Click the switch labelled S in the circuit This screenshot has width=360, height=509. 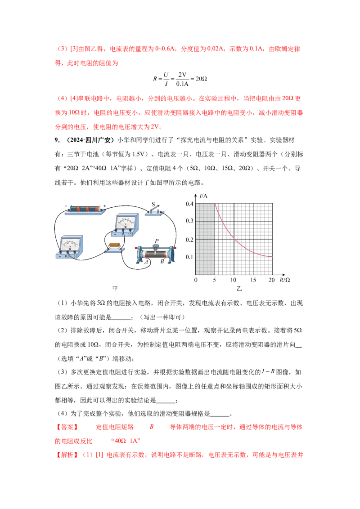[155, 211]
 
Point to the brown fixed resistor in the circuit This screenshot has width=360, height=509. [115, 246]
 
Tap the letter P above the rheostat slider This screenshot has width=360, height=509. [157, 241]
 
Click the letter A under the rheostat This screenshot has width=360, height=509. [147, 262]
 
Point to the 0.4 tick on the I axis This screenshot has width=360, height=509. [189, 204]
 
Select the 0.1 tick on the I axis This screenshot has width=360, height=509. [189, 257]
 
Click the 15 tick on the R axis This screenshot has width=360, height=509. [253, 280]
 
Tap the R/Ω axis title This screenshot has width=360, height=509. [284, 280]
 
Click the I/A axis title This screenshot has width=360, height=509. [203, 196]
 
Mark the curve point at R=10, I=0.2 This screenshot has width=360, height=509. [234, 239]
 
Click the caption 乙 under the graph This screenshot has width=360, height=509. [239, 288]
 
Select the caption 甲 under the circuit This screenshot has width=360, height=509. [115, 288]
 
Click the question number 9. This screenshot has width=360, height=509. [57, 140]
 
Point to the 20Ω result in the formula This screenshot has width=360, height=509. [202, 79]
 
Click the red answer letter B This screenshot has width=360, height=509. [151, 427]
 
